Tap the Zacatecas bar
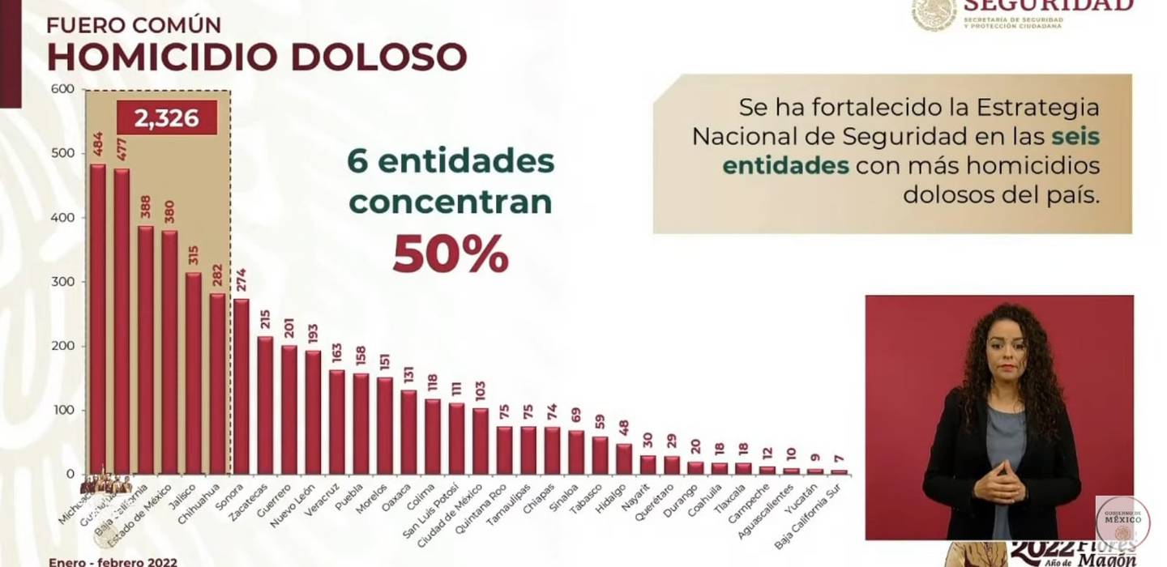click(265, 405)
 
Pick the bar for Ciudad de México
click(481, 441)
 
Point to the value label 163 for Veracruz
click(336, 353)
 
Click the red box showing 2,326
click(167, 118)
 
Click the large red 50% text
click(451, 254)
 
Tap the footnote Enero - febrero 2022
click(113, 561)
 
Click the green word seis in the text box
click(1075, 136)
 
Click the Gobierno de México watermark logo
click(1122, 520)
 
